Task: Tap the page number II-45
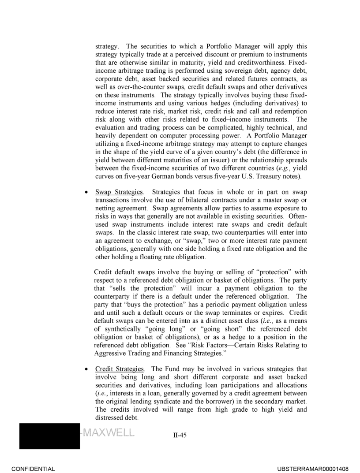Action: tap(180, 435)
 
